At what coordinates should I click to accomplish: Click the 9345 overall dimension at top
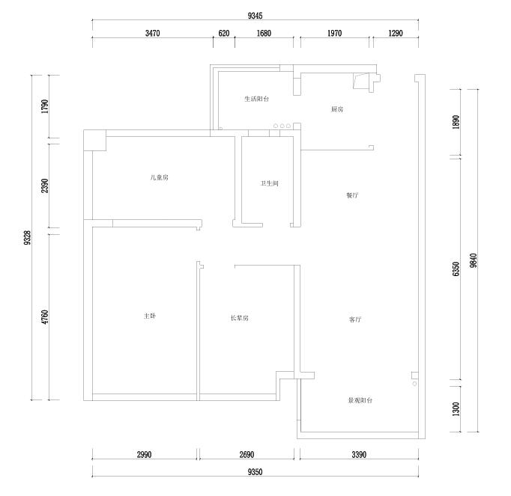point(255,16)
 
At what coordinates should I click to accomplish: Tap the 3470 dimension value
point(153,33)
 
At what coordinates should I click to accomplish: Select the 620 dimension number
point(224,33)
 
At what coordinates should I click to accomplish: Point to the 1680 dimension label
point(264,33)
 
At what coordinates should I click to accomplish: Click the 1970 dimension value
point(335,33)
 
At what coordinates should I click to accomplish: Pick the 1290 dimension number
point(396,33)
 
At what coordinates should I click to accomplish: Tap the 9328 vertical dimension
point(28,238)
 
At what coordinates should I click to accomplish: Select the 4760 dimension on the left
point(45,317)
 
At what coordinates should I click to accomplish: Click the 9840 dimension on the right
point(474,260)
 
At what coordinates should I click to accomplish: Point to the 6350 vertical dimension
point(456,269)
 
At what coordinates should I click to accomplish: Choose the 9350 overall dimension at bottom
point(255,472)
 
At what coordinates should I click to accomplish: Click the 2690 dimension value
point(247,455)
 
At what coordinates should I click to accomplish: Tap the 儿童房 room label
point(160,178)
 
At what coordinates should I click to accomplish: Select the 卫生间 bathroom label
point(270,183)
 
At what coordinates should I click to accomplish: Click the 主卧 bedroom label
point(150,316)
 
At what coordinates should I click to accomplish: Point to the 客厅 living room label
point(355,319)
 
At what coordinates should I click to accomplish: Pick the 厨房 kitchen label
point(337,109)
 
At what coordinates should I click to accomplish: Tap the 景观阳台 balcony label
point(360,401)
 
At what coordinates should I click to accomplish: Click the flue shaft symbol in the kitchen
point(366,82)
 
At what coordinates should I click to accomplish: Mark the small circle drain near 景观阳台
point(414,384)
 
